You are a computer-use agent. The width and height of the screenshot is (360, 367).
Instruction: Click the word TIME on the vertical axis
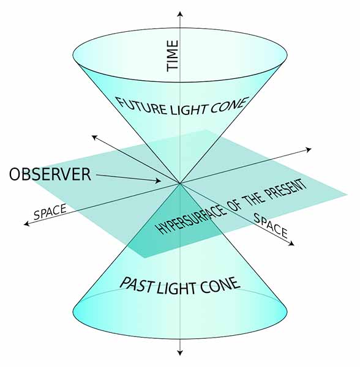click(x=173, y=56)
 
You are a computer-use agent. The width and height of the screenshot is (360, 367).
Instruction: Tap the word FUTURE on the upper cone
click(x=141, y=106)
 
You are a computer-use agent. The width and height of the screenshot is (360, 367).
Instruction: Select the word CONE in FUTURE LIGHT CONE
click(x=229, y=105)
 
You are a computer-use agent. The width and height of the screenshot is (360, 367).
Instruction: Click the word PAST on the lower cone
click(x=137, y=285)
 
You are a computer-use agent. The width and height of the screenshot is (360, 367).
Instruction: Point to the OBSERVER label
click(x=50, y=174)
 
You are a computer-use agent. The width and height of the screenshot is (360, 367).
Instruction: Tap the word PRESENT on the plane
click(x=286, y=190)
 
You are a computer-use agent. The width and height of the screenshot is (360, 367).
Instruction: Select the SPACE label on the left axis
click(x=50, y=212)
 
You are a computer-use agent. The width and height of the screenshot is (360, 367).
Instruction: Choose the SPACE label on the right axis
click(x=271, y=226)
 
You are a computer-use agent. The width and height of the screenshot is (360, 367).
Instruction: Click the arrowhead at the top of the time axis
click(x=179, y=14)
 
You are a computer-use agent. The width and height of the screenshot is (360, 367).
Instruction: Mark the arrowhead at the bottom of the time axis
click(x=179, y=352)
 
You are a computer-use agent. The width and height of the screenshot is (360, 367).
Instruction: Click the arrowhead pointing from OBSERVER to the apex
click(x=159, y=180)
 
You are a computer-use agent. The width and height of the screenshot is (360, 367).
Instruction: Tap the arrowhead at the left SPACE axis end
click(x=26, y=224)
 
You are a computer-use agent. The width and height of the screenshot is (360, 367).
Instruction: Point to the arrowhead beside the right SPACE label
click(x=291, y=243)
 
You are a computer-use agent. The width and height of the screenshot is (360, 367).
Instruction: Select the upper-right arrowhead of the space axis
click(x=309, y=149)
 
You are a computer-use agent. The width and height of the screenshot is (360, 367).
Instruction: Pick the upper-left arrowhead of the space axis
click(x=94, y=138)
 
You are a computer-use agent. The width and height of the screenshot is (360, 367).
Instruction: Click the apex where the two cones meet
click(x=179, y=183)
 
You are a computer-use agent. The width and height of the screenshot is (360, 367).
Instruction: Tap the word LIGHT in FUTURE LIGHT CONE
click(x=188, y=109)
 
